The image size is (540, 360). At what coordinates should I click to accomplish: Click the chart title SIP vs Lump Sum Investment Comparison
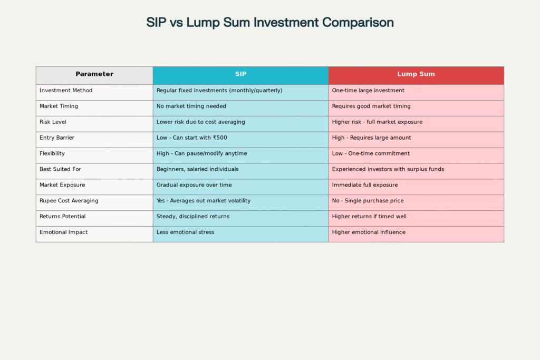click(270, 23)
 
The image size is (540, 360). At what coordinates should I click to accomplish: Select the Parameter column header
click(94, 74)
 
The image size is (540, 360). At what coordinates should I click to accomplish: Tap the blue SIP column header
click(240, 74)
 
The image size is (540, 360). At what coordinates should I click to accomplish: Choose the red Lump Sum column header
click(416, 74)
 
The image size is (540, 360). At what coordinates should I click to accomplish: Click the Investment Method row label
click(66, 91)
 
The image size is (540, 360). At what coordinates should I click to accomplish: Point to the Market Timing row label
click(59, 106)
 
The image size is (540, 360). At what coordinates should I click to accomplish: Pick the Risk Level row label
click(53, 122)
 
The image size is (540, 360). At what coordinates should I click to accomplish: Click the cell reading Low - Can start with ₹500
click(192, 138)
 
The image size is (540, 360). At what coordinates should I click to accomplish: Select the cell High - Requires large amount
click(371, 138)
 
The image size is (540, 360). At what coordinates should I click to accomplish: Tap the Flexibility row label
click(53, 154)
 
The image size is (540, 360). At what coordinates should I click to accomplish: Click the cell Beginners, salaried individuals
click(197, 170)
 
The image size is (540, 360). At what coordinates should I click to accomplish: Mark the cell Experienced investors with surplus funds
click(388, 170)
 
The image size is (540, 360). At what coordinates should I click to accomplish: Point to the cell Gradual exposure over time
click(194, 186)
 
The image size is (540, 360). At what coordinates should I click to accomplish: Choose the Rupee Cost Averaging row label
click(69, 201)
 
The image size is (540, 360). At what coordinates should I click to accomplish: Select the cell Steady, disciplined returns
click(193, 217)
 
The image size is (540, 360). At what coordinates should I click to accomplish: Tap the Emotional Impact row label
click(63, 232)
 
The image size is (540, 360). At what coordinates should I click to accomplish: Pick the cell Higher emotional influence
click(369, 232)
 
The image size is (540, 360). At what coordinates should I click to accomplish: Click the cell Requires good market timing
click(371, 106)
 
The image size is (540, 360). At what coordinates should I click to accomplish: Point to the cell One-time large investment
click(368, 91)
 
